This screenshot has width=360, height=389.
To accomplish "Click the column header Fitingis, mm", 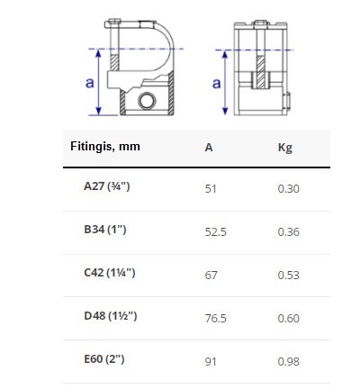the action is pos(105,147).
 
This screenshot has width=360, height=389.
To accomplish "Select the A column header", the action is pos(209,148).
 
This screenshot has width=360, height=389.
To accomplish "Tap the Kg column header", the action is pos(285,148).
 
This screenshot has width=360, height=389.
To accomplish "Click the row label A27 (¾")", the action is pos(107,186).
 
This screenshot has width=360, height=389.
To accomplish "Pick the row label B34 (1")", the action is pos(105,230).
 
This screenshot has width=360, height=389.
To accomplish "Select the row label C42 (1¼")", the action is pos(110,273).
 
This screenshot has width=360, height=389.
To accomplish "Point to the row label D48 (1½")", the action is pos(111,316).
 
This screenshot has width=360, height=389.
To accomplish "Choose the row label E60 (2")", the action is pos(104,359).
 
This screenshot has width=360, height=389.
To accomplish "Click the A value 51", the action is pos(211,189).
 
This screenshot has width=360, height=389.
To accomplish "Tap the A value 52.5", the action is pos(216,232).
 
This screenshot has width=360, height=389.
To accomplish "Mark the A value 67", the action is pos(211,276).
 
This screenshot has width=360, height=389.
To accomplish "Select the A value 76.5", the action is pos(216,319).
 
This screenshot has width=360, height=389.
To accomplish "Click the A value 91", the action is pos(211,362).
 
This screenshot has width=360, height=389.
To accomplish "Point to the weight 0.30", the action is pos(289,189).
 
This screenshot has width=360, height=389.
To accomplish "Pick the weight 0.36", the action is pos(289,232).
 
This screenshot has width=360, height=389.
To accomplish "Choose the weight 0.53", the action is pos(289,276).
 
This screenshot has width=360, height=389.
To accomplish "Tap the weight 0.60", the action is pos(289,319).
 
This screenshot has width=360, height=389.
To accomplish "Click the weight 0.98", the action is pos(289,362).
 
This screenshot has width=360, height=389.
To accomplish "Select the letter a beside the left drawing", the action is pos(90,83).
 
